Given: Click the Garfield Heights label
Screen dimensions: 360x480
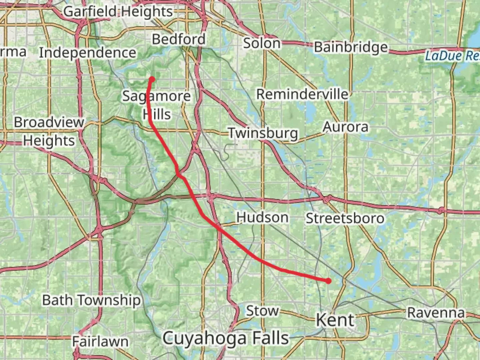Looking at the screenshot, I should pyautogui.click(x=118, y=12).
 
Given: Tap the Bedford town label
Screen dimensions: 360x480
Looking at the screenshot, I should pyautogui.click(x=179, y=39).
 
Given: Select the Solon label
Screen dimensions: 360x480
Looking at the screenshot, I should pyautogui.click(x=262, y=43).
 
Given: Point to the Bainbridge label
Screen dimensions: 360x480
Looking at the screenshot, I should pyautogui.click(x=351, y=47).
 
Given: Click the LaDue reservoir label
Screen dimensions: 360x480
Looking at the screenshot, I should pyautogui.click(x=452, y=56).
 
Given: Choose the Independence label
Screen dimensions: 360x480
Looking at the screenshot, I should pyautogui.click(x=88, y=53).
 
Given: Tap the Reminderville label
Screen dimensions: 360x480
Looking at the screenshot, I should pyautogui.click(x=302, y=94).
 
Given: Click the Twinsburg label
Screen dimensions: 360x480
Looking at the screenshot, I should pyautogui.click(x=263, y=133).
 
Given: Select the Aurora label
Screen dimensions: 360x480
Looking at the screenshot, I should pyautogui.click(x=346, y=127).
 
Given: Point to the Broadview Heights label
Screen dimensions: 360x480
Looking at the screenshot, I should pyautogui.click(x=49, y=131).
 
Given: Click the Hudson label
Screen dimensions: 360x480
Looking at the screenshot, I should pyautogui.click(x=262, y=218).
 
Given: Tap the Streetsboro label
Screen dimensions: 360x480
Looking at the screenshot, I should pyautogui.click(x=345, y=219).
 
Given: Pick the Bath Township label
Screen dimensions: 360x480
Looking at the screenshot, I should pyautogui.click(x=91, y=300).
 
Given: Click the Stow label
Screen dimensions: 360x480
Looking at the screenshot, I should pyautogui.click(x=262, y=311).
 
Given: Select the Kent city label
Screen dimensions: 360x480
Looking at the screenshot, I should pyautogui.click(x=335, y=320).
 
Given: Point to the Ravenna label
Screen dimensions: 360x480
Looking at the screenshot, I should pyautogui.click(x=436, y=313).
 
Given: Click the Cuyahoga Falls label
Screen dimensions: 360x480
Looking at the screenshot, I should pyautogui.click(x=226, y=338).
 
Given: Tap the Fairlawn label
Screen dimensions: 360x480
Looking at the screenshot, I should pyautogui.click(x=100, y=342).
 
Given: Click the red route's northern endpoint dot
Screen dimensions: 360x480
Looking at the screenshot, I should pyautogui.click(x=152, y=79).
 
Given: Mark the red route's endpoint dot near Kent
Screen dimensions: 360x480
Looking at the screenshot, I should pyautogui.click(x=329, y=281).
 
